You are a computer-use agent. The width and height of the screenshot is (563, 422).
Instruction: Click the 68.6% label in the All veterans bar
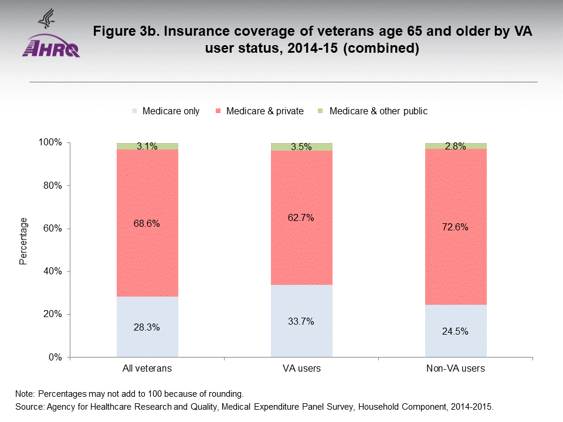(x=147, y=223)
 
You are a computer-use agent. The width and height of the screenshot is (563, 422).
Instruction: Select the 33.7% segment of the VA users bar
(x=301, y=321)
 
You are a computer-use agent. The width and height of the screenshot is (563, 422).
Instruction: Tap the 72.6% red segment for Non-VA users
(x=456, y=227)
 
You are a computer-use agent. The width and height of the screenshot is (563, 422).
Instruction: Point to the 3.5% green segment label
(x=301, y=147)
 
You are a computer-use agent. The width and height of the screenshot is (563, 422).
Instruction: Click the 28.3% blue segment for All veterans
(x=147, y=327)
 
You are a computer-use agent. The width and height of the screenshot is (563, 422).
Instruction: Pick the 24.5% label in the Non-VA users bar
(x=456, y=331)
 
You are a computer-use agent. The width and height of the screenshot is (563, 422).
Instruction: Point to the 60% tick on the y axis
(x=52, y=229)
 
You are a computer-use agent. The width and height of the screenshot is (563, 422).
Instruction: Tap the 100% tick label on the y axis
(x=50, y=143)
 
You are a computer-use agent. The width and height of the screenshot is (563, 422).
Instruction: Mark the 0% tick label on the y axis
(x=55, y=357)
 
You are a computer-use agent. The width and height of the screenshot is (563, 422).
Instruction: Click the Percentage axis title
(x=23, y=241)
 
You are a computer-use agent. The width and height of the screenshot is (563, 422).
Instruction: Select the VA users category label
(x=301, y=369)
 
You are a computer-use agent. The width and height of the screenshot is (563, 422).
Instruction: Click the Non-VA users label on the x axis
(x=456, y=369)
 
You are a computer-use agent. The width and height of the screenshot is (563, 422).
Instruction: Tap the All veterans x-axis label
(x=147, y=369)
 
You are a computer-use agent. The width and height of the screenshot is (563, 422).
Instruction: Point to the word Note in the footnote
(x=25, y=393)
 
